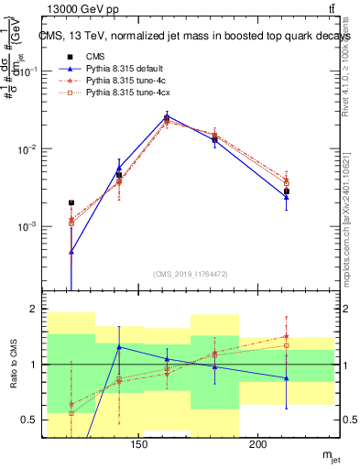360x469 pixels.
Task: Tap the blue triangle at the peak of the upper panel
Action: [167, 115]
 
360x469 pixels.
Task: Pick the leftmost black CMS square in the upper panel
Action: [71, 202]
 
